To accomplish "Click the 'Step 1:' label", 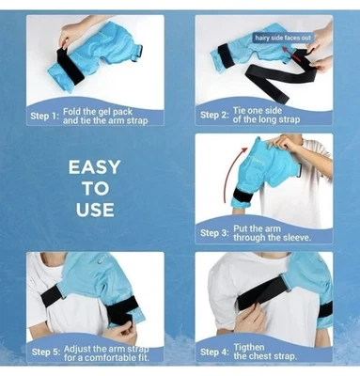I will (44, 116).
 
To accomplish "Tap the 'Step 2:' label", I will (213, 115).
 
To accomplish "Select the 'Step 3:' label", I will (213, 233).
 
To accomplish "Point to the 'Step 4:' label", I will (213, 352).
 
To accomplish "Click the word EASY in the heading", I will (94, 168).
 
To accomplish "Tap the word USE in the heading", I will (94, 210).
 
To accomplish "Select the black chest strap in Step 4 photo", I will (268, 305).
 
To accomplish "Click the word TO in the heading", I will (94, 189).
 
